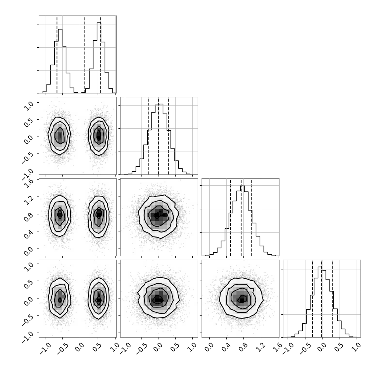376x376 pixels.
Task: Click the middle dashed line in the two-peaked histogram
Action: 84,54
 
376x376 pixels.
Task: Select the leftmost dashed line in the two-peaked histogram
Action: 57,54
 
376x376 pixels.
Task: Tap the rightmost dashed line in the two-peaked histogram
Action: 101,54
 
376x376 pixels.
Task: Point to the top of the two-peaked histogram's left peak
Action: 60,29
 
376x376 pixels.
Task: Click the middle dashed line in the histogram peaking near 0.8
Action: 241,217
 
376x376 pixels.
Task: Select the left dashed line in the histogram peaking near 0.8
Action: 230,217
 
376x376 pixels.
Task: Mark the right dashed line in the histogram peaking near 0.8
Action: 251,217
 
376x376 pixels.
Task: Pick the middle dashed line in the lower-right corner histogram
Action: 322,298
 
